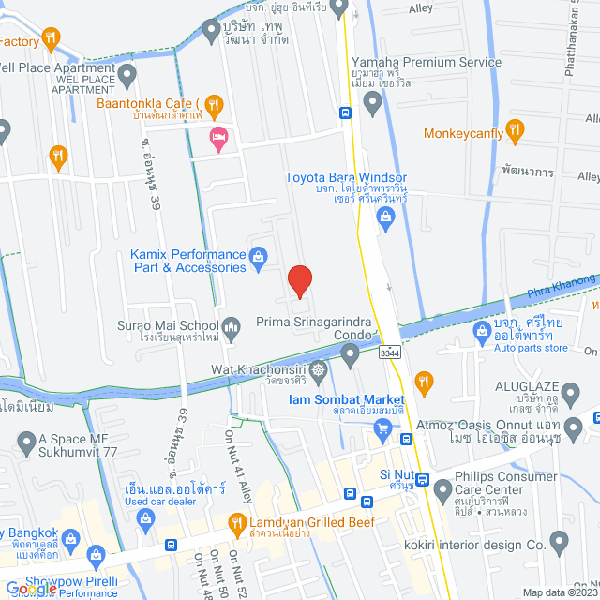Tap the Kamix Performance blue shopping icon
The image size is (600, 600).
(x=260, y=255)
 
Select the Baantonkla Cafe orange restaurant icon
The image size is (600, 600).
(x=215, y=103)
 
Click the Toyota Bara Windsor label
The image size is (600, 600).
(x=346, y=177)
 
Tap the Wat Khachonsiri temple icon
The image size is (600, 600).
(x=320, y=368)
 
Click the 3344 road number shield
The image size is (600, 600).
(x=392, y=352)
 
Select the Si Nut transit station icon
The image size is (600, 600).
(x=422, y=481)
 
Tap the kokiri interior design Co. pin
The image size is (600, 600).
(x=560, y=540)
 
